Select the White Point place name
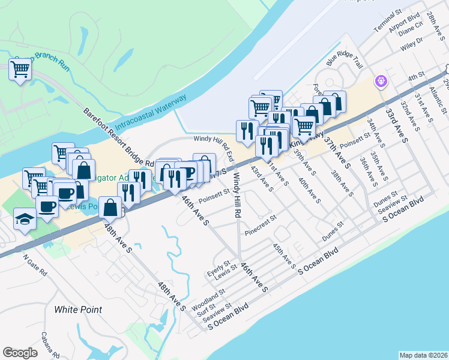point(77,310)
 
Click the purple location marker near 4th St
point(380,80)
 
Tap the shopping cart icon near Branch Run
point(20,70)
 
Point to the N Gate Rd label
point(34,266)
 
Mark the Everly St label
point(218,266)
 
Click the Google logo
point(20,353)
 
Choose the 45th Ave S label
point(284,256)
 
